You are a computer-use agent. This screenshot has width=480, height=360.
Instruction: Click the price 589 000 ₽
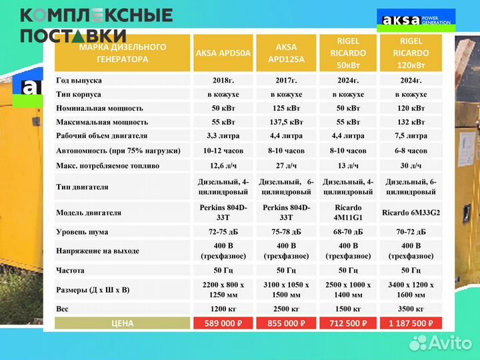[223, 323]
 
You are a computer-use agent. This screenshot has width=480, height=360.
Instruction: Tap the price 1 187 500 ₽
[411, 323]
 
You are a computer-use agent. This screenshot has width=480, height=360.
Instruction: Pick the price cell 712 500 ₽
[348, 323]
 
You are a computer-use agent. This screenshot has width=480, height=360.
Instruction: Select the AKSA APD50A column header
[223, 53]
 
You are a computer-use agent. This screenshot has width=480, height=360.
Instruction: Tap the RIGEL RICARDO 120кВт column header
[411, 53]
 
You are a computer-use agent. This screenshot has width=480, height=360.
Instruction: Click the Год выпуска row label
[79, 80]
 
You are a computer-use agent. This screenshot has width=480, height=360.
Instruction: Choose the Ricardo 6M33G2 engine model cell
[411, 213]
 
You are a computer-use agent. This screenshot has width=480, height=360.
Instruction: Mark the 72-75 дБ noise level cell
[223, 232]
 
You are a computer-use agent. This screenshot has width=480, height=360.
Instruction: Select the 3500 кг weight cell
[411, 310]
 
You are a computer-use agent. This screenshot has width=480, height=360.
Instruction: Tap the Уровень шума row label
[82, 232]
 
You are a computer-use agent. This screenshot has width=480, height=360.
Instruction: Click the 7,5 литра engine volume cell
[411, 136]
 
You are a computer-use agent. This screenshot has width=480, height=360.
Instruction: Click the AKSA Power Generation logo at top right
[416, 20]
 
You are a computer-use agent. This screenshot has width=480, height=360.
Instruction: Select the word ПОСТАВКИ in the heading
[73, 35]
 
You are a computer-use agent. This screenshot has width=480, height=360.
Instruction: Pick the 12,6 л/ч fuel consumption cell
[223, 165]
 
